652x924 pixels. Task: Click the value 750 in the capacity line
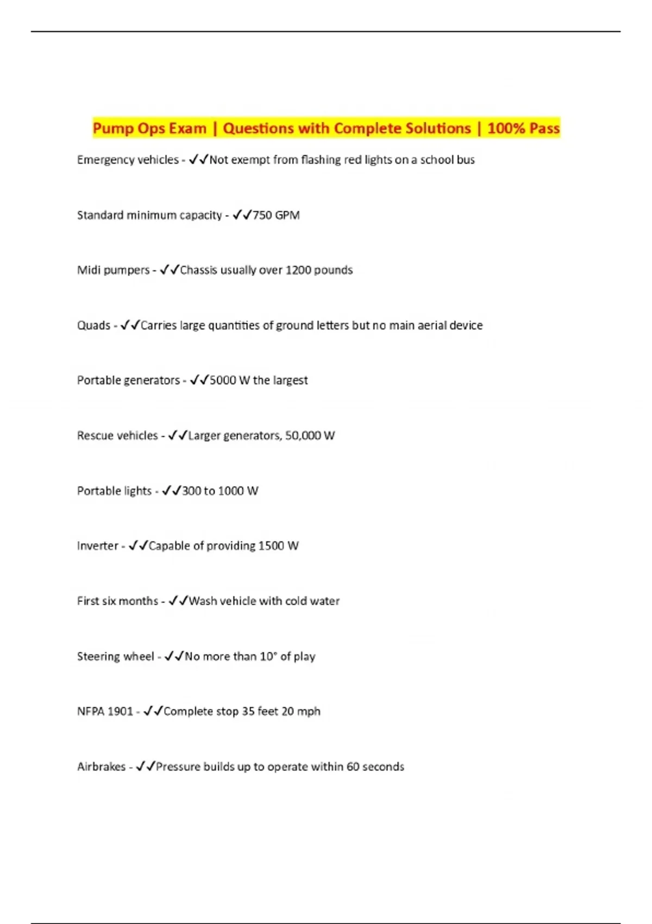tap(262, 215)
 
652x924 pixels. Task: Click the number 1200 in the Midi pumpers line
tap(298, 270)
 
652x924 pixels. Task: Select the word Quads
tap(93, 326)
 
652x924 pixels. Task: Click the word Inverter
tap(97, 546)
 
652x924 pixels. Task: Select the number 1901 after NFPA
tap(120, 711)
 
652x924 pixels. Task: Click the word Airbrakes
tap(101, 767)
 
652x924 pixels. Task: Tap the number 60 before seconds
tap(353, 767)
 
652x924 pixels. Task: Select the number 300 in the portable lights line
tap(191, 491)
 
